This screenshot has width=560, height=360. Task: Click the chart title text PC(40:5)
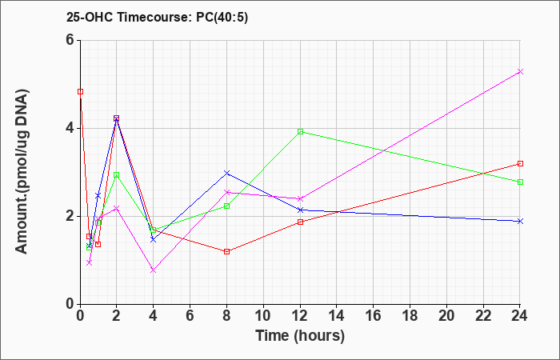(222, 18)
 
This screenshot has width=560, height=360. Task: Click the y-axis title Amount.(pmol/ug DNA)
(22, 171)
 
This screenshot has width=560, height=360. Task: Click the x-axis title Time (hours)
(300, 336)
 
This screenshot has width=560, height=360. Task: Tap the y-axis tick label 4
(70, 128)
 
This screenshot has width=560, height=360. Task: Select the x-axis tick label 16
(374, 316)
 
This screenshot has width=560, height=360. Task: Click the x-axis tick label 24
(519, 316)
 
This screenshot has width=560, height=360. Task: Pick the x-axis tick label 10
(263, 316)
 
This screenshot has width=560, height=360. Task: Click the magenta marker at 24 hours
(520, 72)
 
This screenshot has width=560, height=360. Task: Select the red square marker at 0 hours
(80, 92)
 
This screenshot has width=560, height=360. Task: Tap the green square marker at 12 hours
(300, 131)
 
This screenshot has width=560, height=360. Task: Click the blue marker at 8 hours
(226, 173)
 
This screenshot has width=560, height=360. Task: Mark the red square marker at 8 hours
(226, 251)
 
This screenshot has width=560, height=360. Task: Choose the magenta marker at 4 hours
(154, 270)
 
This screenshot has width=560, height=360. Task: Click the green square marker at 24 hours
(520, 182)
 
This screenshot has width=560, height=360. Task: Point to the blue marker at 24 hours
(520, 221)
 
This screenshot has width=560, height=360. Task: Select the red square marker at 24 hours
(520, 163)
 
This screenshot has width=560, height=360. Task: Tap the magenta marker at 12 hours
(300, 198)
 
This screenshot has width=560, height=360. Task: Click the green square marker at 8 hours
(226, 206)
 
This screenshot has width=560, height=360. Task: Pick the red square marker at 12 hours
(300, 222)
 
